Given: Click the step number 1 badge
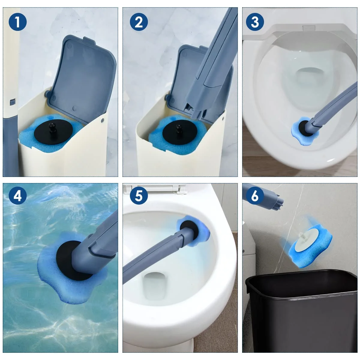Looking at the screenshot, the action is point(18,22).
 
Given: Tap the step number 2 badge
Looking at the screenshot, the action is point(139,22).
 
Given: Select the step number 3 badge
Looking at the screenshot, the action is point(255,22).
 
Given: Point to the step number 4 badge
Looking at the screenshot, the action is point(18,196).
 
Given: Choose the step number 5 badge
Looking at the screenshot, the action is point(139,196).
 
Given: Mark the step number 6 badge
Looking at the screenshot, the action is point(255,196).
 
